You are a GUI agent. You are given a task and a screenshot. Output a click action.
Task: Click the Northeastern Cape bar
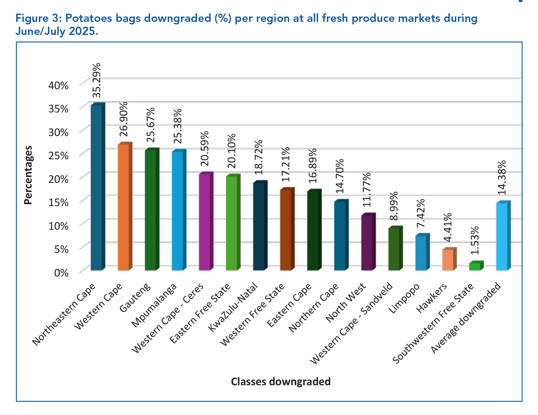96,187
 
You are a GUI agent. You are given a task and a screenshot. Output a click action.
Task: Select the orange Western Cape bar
123,207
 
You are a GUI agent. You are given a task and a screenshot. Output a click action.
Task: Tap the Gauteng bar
150,210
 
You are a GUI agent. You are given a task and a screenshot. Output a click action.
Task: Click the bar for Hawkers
448,260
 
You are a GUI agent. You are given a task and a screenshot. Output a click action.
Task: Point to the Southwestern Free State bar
475,267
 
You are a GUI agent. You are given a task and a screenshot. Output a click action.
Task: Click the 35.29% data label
97,80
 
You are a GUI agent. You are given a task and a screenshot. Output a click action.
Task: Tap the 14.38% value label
502,178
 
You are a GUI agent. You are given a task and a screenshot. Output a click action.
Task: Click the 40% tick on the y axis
58,85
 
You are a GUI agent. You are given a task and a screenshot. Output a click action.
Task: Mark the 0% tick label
61,273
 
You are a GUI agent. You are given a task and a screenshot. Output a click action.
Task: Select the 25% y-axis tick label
58,156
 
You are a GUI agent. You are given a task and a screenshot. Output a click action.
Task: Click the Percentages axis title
28,175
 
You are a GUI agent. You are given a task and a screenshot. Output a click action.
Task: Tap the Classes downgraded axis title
281,382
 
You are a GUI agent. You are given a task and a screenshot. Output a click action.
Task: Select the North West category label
346,303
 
